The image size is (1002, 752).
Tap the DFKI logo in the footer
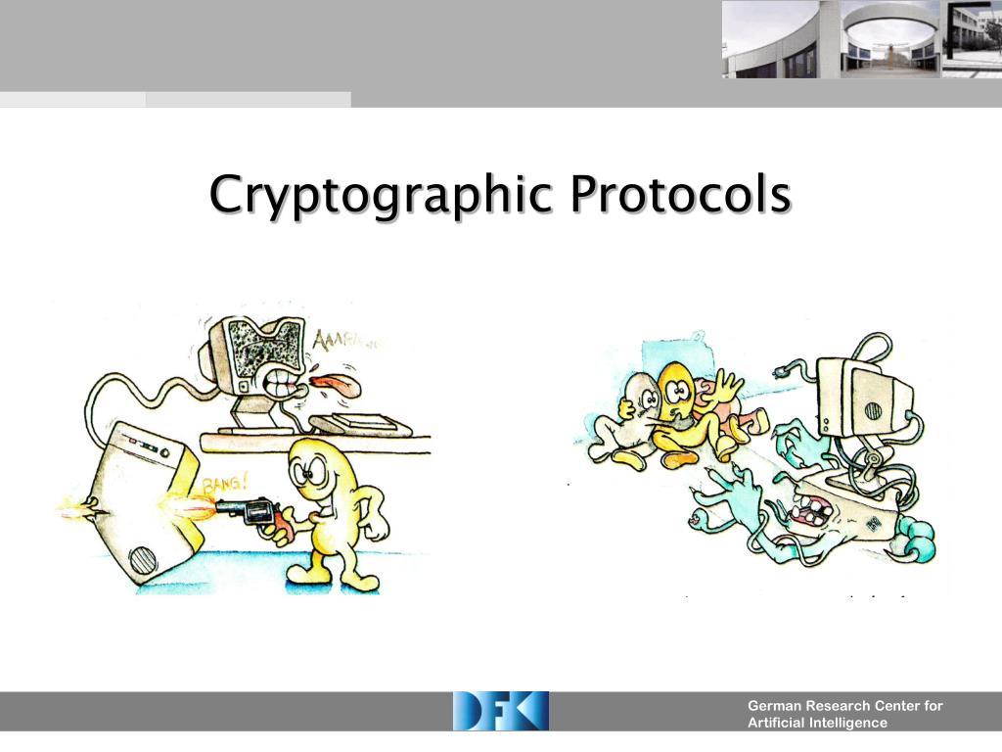500,711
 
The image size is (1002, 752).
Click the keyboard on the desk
363,424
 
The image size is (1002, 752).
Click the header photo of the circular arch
889,39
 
